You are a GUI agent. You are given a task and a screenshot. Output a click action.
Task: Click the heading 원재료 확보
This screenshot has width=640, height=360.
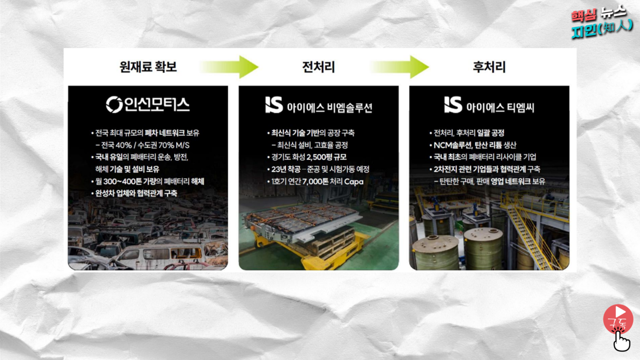[148, 67]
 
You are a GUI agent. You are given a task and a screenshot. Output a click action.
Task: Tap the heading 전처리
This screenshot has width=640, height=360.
[318, 67]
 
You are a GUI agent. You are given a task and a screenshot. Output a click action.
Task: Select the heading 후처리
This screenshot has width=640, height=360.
[489, 67]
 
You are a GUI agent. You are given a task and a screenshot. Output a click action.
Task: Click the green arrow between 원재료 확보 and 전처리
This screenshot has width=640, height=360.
[229, 67]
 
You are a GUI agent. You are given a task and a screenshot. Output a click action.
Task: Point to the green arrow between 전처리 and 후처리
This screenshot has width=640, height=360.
[400, 67]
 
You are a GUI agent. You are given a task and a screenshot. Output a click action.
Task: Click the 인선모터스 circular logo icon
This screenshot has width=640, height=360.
[114, 105]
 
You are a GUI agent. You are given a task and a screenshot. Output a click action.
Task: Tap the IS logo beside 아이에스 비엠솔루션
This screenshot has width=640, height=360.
[274, 105]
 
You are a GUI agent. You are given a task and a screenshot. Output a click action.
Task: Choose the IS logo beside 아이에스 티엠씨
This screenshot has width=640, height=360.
[453, 105]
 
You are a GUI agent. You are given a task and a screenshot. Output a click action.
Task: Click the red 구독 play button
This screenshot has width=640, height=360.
[618, 318]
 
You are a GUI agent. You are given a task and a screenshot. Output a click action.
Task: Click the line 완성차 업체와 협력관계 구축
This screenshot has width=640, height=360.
[136, 193]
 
